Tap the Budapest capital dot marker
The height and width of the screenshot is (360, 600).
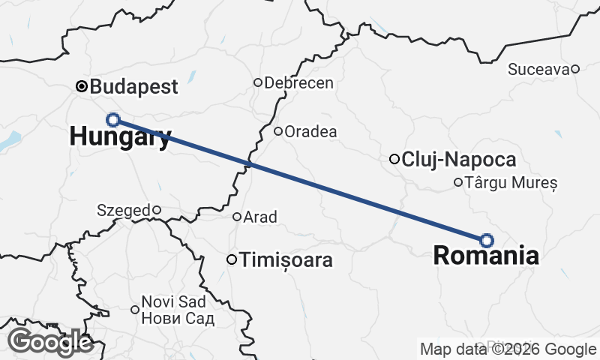point(82,86)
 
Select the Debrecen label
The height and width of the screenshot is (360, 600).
point(299,82)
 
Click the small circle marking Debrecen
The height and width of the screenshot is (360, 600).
point(258,82)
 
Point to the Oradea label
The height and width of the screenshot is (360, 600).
point(311,131)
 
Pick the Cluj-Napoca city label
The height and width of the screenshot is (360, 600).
point(459,159)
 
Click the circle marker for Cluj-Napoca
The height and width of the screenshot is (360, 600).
point(394,159)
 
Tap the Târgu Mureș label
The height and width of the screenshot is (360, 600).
point(511,182)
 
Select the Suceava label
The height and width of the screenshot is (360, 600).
point(538,70)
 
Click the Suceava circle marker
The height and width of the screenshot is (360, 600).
point(575,70)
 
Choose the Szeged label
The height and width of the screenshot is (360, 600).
point(124,211)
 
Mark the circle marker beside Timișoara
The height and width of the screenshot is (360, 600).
point(232,260)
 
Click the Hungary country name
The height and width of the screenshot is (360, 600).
point(120,136)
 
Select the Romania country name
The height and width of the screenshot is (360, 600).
point(486,256)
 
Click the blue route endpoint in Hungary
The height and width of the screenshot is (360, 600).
point(113,119)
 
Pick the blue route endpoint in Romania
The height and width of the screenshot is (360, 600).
point(487,240)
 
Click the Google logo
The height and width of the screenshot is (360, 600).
point(50,342)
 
